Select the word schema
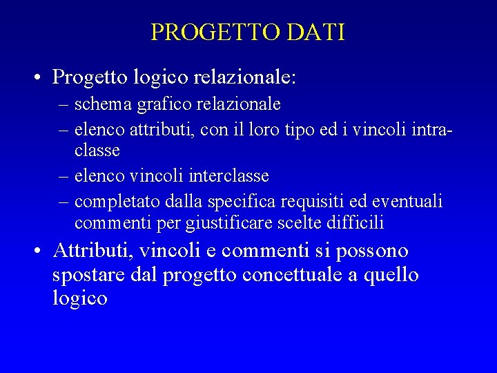pos(99,104)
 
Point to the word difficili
pos(349,223)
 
